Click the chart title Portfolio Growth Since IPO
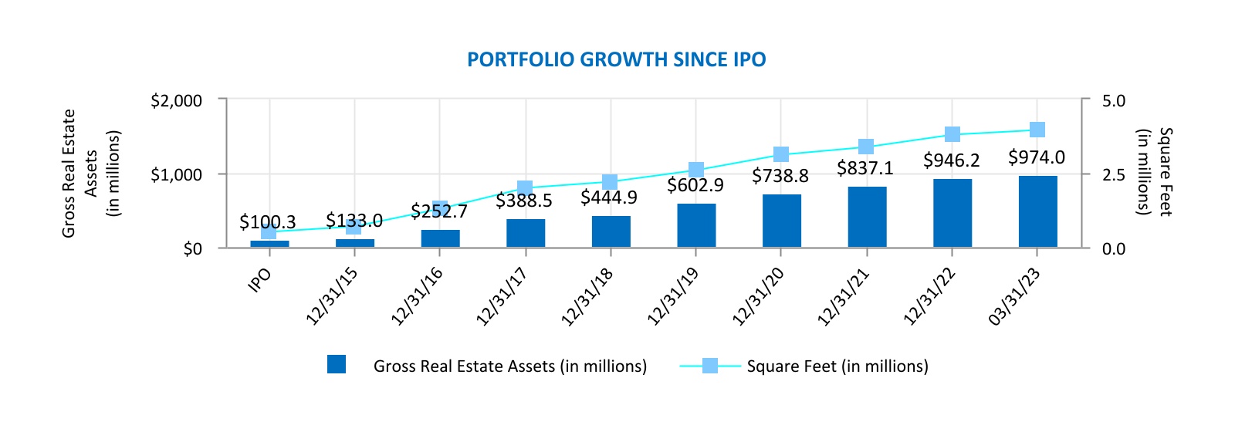point(616,60)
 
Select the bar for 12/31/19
point(696,225)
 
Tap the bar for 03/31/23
point(1037,211)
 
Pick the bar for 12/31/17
point(526,233)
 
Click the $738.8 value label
point(780,177)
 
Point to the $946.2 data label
point(951,160)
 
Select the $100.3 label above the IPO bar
point(267,222)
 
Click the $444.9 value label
point(609,198)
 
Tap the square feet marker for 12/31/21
point(866,147)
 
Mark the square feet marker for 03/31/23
point(1037,130)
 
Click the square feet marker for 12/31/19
point(696,170)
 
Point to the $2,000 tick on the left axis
point(176,101)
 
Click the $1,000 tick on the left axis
point(176,175)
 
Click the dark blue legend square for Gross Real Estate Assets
point(337,365)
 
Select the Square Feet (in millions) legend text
point(837,366)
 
